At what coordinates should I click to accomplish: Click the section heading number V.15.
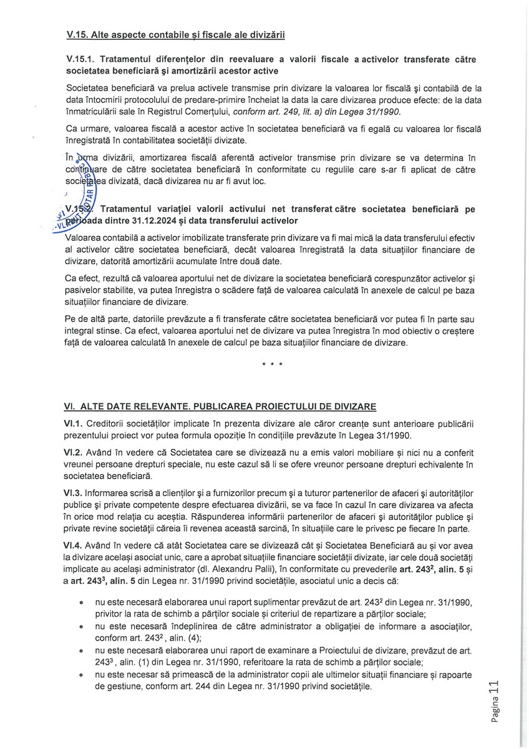coord(78,35)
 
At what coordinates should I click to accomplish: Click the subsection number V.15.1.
coord(80,59)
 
